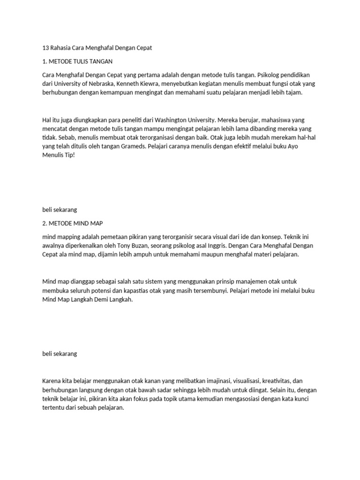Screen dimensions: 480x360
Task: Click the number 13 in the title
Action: click(45, 48)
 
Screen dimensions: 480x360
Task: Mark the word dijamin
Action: click(107, 255)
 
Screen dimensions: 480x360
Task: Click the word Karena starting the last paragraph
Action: click(52, 381)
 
